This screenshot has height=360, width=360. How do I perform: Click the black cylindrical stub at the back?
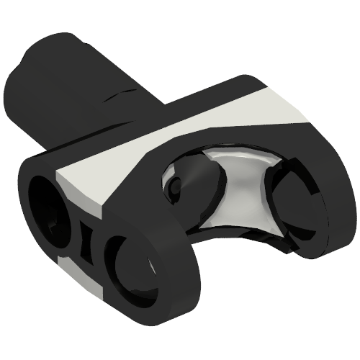coord(79,86)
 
